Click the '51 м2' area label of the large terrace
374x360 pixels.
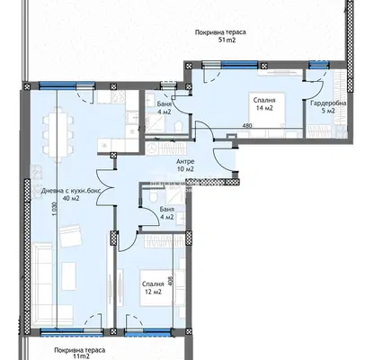[x=227, y=40]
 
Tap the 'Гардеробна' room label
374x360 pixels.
[x=328, y=103]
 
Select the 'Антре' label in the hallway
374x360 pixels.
[x=185, y=162]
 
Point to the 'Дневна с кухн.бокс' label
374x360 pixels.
[x=71, y=191]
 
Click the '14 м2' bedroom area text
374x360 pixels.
[x=264, y=108]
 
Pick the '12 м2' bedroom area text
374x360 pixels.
[x=153, y=292]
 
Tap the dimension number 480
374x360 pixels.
[x=247, y=126]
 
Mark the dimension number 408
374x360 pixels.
[x=171, y=282]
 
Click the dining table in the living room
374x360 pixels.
[x=58, y=134]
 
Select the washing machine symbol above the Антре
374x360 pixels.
[x=153, y=148]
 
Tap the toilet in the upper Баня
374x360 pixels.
[x=179, y=126]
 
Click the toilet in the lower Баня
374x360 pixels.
[x=154, y=195]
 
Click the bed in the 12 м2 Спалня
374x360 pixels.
[x=158, y=288]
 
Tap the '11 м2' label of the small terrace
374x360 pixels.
[x=81, y=356]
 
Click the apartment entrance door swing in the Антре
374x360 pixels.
[x=223, y=160]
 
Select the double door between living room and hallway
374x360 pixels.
[x=105, y=188]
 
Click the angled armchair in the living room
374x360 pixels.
[x=71, y=237]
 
